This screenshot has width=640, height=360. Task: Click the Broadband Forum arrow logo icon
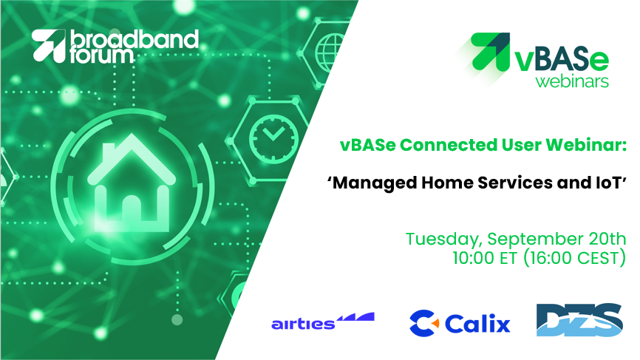coord(49,45)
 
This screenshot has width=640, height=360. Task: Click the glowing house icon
coord(132,183)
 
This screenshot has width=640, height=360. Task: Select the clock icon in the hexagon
coord(273,139)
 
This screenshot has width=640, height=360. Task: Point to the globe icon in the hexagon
coord(330,53)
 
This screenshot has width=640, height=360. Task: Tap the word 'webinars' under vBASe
coord(572,81)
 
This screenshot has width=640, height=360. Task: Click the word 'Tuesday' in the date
coord(443,240)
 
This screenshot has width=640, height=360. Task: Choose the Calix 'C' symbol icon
coord(423,323)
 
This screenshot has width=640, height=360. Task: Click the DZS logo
coord(579,320)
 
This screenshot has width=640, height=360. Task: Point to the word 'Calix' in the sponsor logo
coord(477,324)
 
